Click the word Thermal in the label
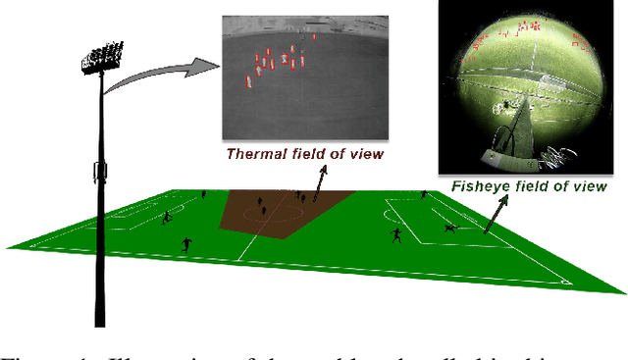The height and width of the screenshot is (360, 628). click(x=252, y=153)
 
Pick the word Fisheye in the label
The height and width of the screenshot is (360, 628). click(x=480, y=186)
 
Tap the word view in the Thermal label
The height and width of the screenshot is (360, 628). click(x=365, y=153)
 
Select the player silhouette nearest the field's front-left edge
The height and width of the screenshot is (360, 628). click(x=185, y=243)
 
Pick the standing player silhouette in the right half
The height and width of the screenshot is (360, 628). click(x=396, y=235)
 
